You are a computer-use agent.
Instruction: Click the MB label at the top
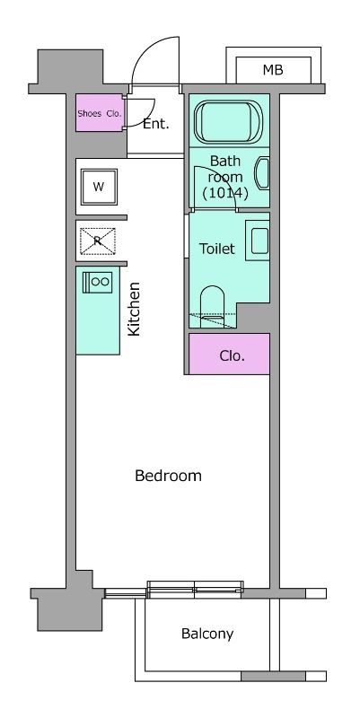pos(273,70)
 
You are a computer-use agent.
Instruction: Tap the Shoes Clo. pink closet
pos(99,113)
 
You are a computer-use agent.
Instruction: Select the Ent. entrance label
pos(155,124)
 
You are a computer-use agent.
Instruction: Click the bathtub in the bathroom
pos(228,122)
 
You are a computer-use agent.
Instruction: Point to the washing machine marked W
pos(99,187)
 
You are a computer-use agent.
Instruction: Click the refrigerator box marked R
pos(98,241)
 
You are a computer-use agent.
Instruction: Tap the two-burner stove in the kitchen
pos(97,282)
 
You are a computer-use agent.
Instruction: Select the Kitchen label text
pos(134,310)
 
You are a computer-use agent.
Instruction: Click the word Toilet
pos(217,249)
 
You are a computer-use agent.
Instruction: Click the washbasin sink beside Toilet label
pos(258,241)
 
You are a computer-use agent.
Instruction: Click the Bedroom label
pos(168,476)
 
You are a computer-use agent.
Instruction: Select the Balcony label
pos(207,634)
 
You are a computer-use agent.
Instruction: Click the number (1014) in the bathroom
pos(225,193)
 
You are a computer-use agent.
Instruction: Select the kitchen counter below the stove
pos(98,324)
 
